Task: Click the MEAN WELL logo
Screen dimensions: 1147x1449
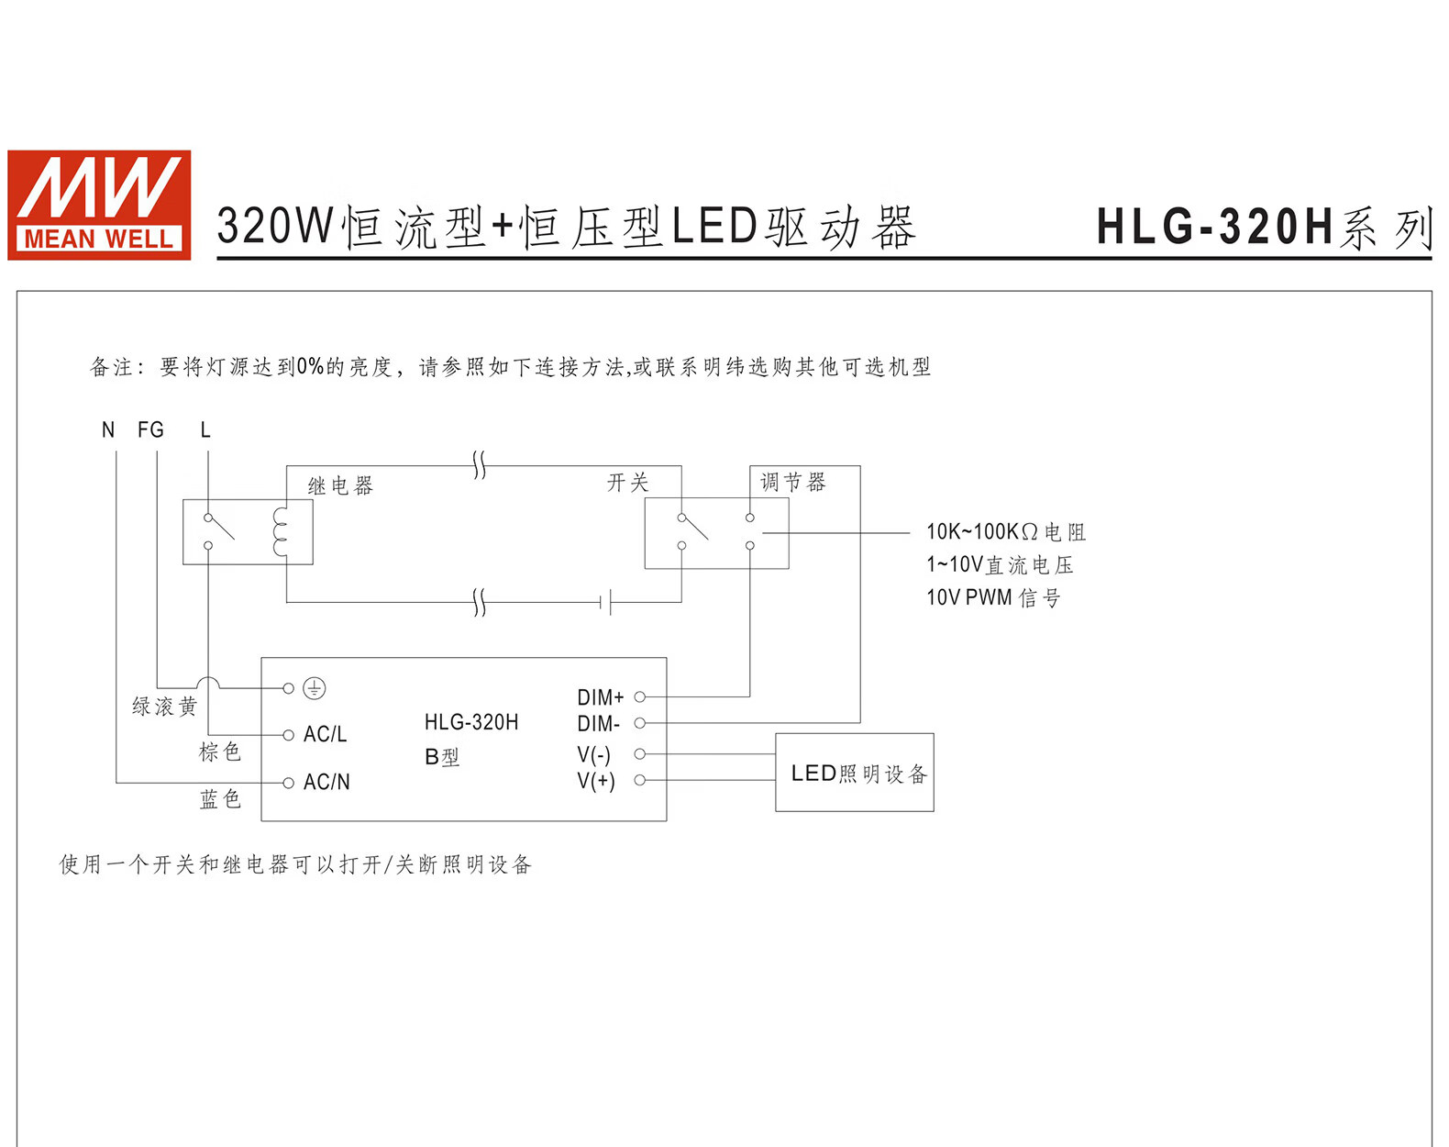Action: pos(99,205)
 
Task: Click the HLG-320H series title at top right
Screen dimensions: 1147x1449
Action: pos(1264,228)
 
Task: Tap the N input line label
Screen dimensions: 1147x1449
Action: pos(108,429)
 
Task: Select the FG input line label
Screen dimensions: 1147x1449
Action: pos(150,429)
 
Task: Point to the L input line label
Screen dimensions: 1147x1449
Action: pos(205,429)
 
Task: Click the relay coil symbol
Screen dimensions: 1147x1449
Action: pos(281,531)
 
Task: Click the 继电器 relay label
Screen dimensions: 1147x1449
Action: pos(340,485)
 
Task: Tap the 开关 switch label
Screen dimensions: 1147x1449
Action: pos(627,483)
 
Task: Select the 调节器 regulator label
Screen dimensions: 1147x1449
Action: pos(793,483)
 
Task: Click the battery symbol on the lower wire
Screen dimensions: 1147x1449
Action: pos(606,603)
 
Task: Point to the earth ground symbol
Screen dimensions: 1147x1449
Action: pos(315,688)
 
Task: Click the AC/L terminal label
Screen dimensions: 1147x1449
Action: pos(325,734)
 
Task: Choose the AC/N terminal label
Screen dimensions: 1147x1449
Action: pos(326,782)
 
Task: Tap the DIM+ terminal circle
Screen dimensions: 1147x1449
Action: pos(640,697)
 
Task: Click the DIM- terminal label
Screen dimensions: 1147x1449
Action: pos(599,724)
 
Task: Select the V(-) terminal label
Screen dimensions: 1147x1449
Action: pos(594,754)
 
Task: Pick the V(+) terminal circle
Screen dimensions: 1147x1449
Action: pos(640,780)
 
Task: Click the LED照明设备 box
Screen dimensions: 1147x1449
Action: pos(855,773)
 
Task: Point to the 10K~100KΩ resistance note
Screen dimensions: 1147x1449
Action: pos(1005,532)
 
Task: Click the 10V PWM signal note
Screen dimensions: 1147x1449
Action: pos(993,598)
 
